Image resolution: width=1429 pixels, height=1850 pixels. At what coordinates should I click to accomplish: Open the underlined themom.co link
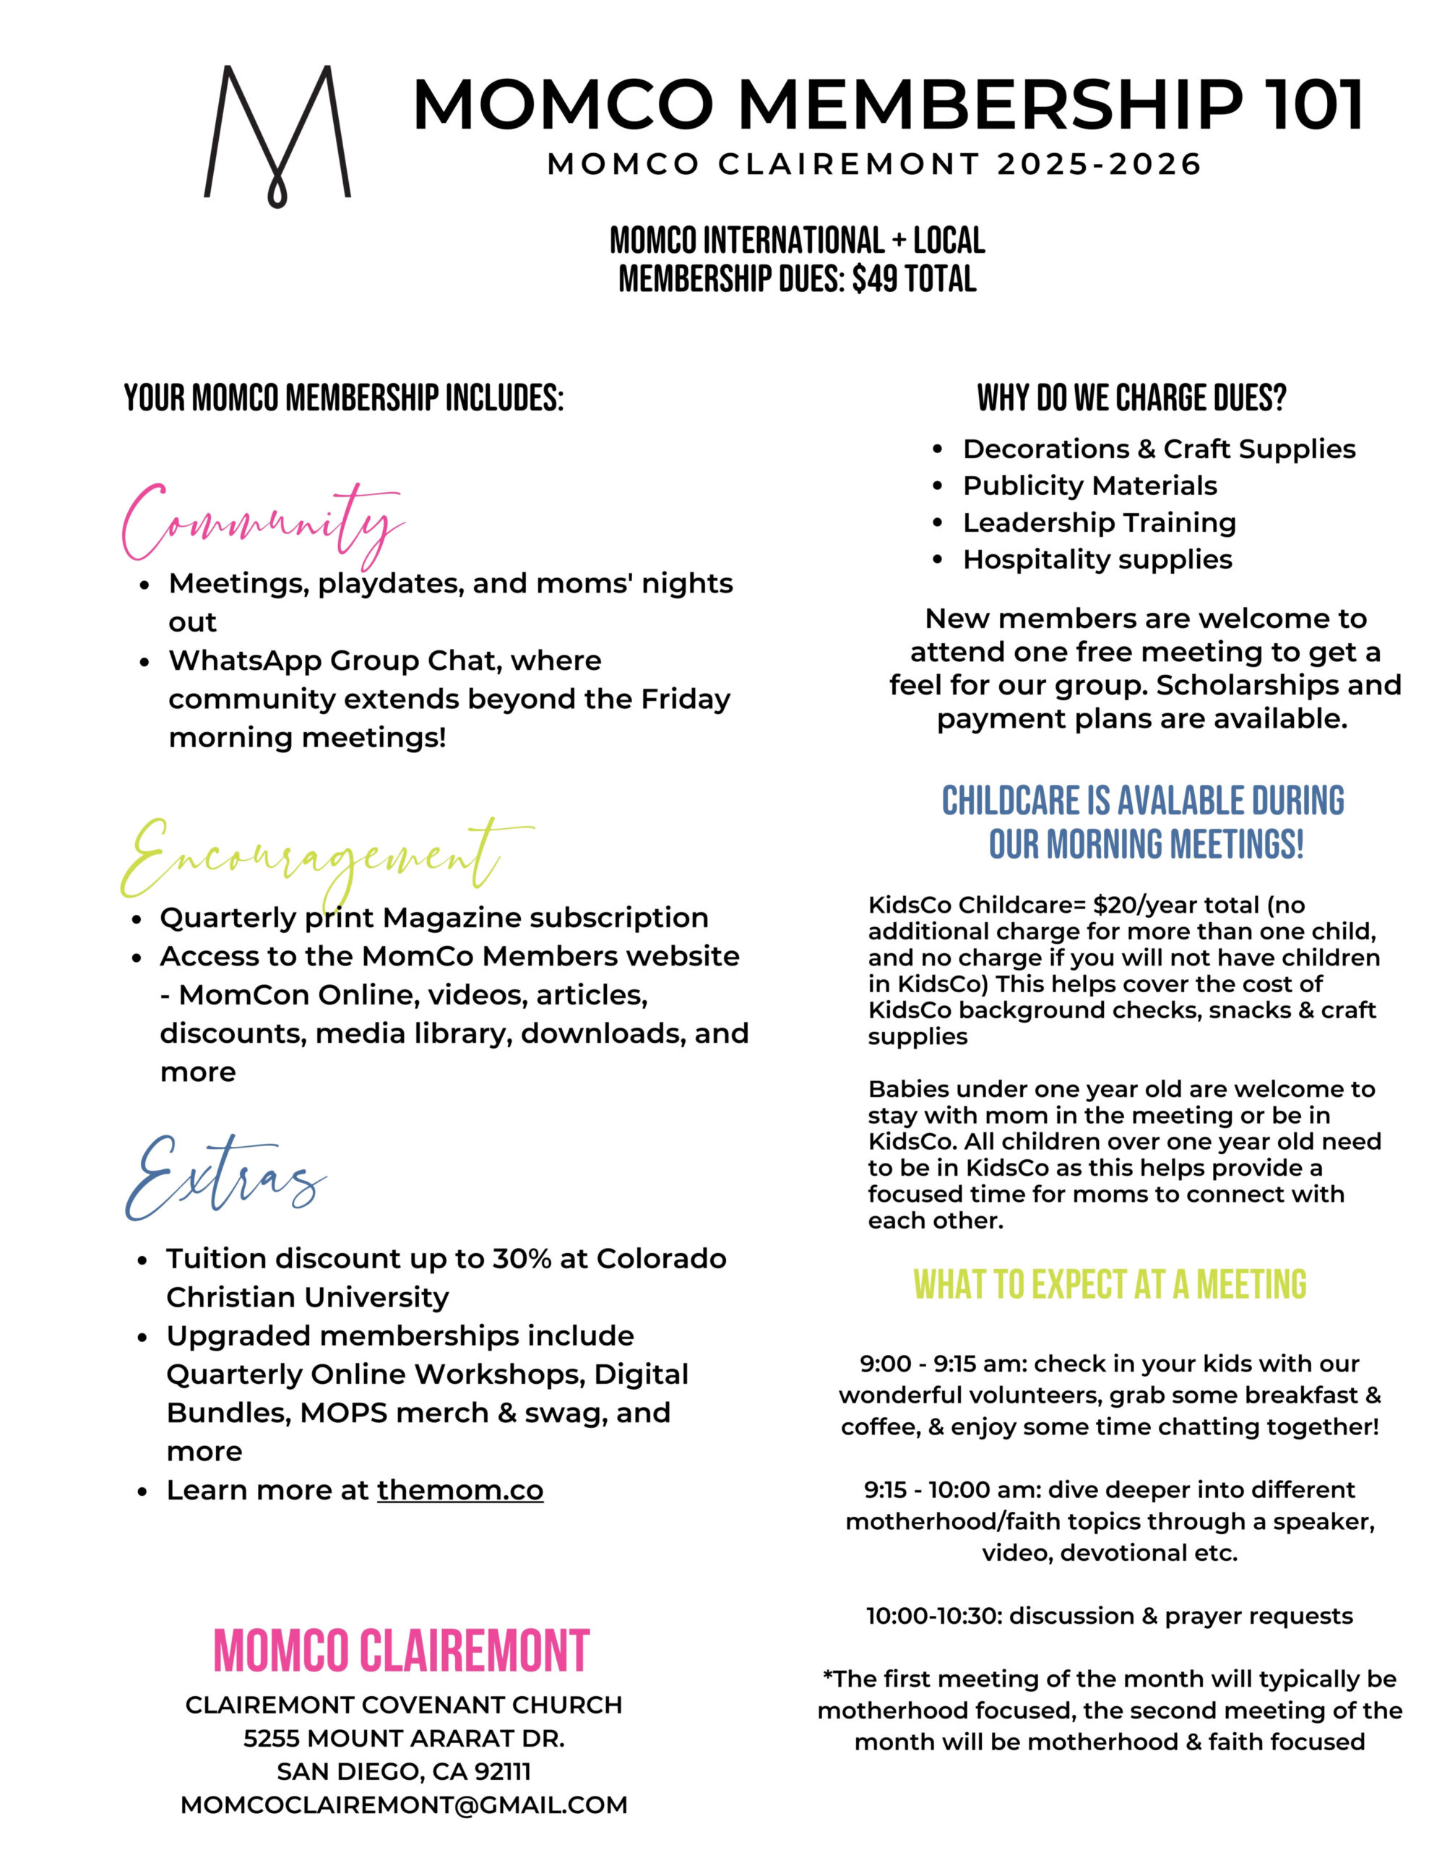point(460,1490)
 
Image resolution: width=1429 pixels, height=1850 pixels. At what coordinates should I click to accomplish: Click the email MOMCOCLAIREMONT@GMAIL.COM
point(404,1805)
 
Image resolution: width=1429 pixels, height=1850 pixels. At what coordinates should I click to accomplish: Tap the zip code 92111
point(502,1771)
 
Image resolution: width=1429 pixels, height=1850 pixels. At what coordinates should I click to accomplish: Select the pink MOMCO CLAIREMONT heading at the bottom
point(402,1651)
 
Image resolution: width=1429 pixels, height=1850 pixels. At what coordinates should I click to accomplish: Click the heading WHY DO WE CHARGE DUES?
point(1131,398)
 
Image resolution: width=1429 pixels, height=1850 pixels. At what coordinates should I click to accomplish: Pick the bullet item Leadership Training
point(1099,522)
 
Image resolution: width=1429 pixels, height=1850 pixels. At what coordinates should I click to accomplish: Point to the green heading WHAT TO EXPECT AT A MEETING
point(1110,1285)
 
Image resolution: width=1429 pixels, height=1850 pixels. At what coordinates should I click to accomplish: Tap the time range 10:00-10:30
point(933,1616)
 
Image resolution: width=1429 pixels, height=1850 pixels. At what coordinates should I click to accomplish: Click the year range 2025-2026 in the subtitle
point(1100,164)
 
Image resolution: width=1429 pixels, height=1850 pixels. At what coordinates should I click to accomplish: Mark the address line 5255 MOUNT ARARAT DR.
point(404,1738)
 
